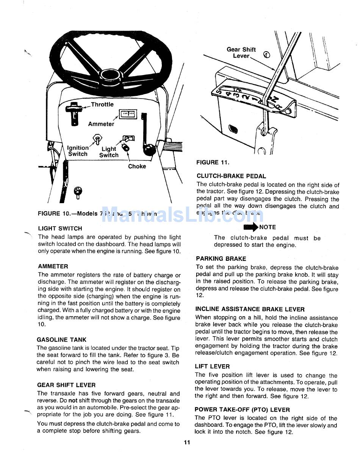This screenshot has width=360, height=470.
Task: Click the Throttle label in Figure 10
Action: coord(102,105)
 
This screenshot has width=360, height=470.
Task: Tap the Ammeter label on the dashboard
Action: coord(101,124)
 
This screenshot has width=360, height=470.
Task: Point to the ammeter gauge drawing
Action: coord(128,114)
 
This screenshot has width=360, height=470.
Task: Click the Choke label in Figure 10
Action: coord(137,166)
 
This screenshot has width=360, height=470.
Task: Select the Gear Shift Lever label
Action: coord(241,53)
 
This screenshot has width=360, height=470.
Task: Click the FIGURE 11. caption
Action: coord(213,163)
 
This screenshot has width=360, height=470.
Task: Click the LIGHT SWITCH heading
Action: coord(60,229)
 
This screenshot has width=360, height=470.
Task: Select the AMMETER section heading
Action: coord(53,266)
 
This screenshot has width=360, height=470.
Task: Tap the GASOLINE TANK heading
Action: coord(61,340)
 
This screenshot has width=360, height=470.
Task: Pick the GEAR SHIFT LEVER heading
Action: coord(66,385)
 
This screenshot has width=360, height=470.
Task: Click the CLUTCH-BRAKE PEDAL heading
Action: coord(231,176)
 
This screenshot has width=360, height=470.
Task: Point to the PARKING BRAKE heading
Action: coord(221,259)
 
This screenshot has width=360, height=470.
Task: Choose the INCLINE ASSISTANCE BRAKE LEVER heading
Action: coord(250,309)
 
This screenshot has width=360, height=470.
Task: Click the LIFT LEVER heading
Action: coord(212,367)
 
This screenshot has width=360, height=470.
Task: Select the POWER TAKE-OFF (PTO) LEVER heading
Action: coord(242,410)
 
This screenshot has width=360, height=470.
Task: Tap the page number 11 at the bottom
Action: coord(186,443)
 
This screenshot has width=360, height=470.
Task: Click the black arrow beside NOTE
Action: coord(250,227)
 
